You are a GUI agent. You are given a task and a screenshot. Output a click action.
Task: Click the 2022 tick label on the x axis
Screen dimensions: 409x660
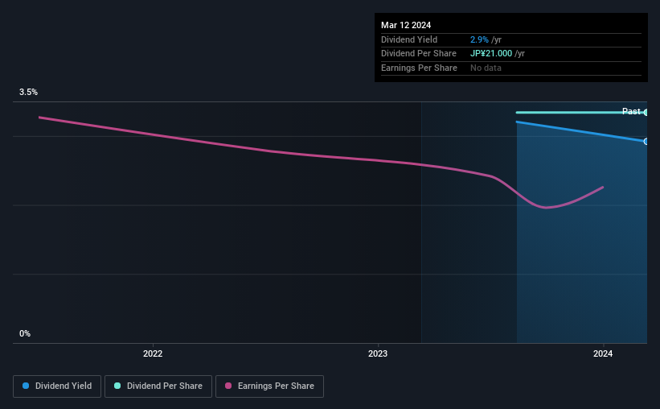coord(153,353)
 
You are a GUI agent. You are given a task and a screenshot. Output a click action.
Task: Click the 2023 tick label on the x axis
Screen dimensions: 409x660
coord(378,353)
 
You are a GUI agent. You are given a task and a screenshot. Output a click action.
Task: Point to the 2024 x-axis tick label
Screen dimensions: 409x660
coord(604,353)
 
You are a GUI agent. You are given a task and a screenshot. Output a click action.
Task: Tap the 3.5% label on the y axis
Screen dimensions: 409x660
coord(28,93)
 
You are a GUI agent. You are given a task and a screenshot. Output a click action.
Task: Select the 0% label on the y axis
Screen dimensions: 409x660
coord(25,333)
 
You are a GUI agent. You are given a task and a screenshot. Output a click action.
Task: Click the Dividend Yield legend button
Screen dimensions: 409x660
coord(57,386)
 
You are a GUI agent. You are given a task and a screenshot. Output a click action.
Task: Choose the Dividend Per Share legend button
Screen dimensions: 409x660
coord(159,386)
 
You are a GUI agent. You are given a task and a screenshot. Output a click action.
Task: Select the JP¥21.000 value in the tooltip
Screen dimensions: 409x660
coord(496,54)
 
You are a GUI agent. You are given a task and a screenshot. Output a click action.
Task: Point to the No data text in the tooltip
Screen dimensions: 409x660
coord(486,68)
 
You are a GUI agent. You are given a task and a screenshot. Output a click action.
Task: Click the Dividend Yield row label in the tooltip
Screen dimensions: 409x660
coord(409,39)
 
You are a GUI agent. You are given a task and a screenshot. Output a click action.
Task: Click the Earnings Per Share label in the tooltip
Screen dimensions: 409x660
coord(419,68)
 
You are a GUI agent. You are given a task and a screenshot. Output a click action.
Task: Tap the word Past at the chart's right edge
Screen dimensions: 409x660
coord(631,111)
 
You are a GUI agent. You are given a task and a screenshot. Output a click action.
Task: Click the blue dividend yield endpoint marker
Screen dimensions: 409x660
coord(646,142)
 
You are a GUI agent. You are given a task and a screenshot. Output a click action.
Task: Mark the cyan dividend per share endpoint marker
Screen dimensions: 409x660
coord(646,112)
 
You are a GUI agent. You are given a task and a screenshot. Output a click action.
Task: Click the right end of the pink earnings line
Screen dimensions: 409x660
coord(603,187)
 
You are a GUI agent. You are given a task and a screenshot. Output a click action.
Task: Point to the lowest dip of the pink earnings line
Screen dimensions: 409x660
coord(547,208)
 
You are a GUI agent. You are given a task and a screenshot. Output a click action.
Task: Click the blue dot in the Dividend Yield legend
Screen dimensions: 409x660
coord(26,386)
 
